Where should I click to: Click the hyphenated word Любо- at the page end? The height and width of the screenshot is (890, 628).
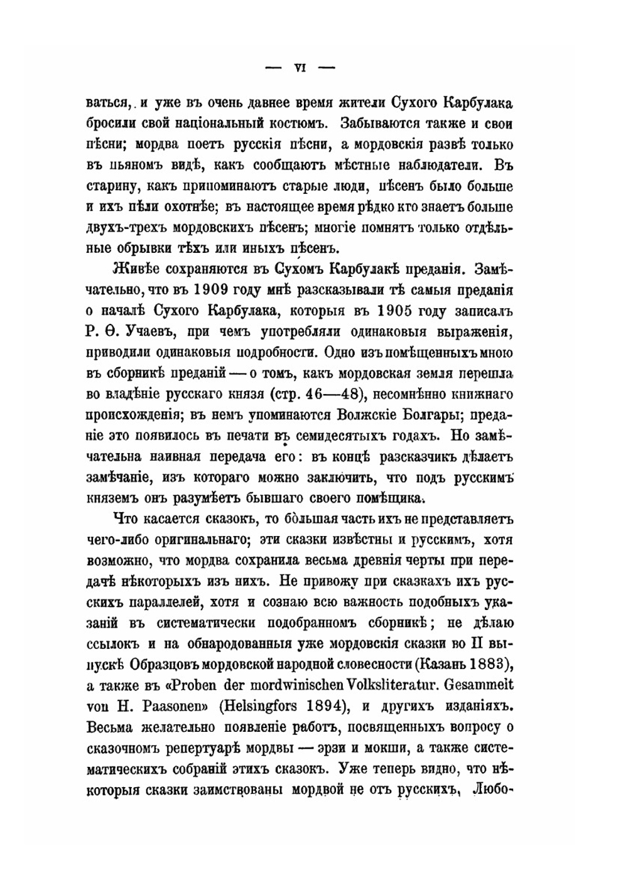coord(496,787)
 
